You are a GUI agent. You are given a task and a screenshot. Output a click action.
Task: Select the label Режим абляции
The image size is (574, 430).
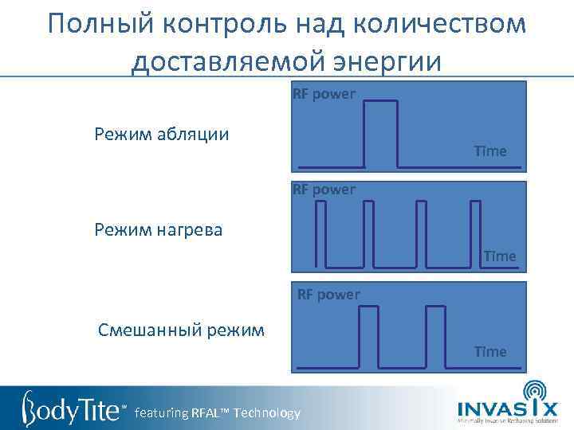[162, 133]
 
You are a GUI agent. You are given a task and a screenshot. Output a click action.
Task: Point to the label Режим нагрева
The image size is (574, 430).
[159, 230]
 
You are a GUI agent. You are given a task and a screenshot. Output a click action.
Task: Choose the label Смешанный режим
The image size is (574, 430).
[181, 329]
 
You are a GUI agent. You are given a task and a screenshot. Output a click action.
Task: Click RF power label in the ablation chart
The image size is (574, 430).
[324, 95]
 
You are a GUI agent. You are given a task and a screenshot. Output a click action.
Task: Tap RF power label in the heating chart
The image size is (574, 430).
[324, 190]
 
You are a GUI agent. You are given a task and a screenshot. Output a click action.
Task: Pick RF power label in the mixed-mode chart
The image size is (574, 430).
[328, 295]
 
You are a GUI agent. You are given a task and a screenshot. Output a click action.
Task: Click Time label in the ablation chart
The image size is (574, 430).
[489, 151]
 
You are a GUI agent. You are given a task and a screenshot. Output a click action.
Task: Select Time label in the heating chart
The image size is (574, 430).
[499, 256]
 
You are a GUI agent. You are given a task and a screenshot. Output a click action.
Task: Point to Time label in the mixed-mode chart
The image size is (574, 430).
[489, 351]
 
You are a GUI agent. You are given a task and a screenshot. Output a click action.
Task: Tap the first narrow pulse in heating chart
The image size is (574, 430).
[321, 233]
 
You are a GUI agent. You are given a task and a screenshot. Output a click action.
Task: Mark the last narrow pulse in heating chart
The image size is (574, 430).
[475, 233]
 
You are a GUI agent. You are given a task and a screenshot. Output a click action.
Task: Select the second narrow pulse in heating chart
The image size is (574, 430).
[368, 233]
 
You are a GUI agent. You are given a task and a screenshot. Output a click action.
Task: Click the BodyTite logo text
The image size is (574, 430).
[72, 408]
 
